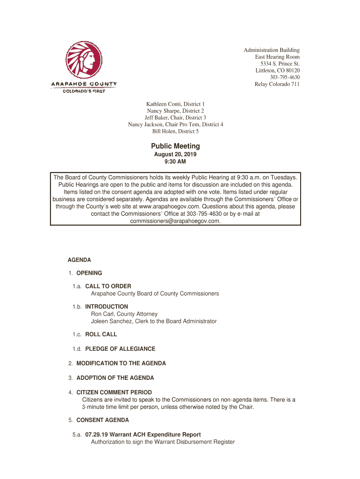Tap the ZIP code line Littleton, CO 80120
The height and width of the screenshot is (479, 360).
point(277,71)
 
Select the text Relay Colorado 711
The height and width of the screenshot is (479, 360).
point(277,84)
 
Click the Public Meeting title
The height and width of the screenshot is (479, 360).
point(175,146)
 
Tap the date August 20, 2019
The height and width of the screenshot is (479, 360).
point(175,154)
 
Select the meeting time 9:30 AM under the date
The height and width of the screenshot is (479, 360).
point(175,162)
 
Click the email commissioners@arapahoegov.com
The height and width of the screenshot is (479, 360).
point(175,221)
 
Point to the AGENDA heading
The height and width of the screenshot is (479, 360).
point(79,260)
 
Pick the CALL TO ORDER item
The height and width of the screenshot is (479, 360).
point(108,286)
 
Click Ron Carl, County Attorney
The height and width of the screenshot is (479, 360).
point(124,314)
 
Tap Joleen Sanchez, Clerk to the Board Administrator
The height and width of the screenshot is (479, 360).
point(153,321)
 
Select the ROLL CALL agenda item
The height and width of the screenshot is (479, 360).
point(101,334)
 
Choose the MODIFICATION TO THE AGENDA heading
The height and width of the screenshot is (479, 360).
point(121,363)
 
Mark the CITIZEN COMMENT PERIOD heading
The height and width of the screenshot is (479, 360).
point(114,392)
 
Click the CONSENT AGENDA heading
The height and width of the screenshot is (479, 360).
point(102,420)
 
